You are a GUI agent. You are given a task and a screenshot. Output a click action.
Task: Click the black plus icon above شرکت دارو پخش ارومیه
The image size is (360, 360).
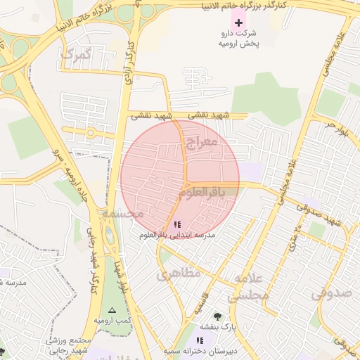239,23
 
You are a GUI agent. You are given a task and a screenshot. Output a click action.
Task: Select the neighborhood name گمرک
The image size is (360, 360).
77,54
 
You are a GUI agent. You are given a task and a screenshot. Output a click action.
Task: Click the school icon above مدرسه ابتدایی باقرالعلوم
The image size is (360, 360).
176,224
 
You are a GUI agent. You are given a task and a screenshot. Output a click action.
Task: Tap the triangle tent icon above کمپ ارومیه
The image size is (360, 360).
111,310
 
